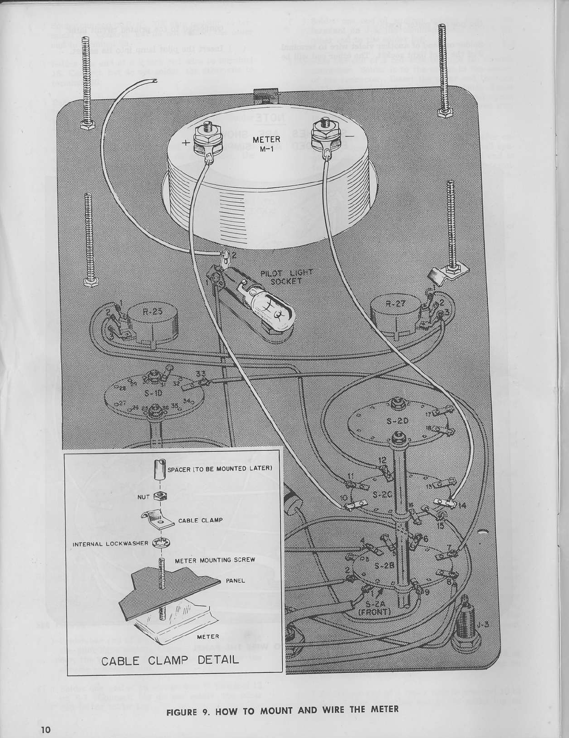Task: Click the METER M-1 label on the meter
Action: coord(266,143)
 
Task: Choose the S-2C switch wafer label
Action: coord(381,495)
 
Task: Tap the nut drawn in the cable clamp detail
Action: coord(159,496)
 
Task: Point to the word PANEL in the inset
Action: coord(235,580)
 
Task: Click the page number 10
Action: coord(45,730)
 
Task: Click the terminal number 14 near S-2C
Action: coord(462,506)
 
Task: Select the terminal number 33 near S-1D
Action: coord(201,374)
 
